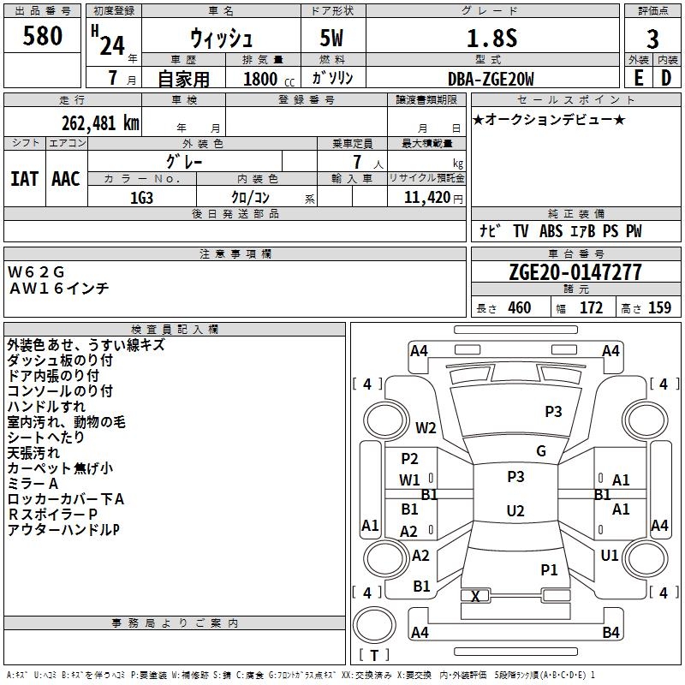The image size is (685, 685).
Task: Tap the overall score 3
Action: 652,39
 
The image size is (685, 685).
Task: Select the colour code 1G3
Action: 141,197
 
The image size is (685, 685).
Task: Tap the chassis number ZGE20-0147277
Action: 575,272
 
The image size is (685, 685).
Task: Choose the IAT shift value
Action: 25,179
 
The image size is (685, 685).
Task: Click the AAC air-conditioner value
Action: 66,179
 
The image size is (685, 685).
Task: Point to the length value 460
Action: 519,308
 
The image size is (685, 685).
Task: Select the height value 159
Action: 659,308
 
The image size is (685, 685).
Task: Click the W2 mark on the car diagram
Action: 426,428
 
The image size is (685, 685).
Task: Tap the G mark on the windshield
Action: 541,451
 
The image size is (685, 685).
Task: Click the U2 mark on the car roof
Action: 515,511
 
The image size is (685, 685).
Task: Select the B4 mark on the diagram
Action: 611,633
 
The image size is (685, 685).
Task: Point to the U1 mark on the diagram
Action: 610,556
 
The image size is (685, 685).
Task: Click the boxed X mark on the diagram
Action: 475,596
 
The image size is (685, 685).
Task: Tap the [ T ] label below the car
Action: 374,656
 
